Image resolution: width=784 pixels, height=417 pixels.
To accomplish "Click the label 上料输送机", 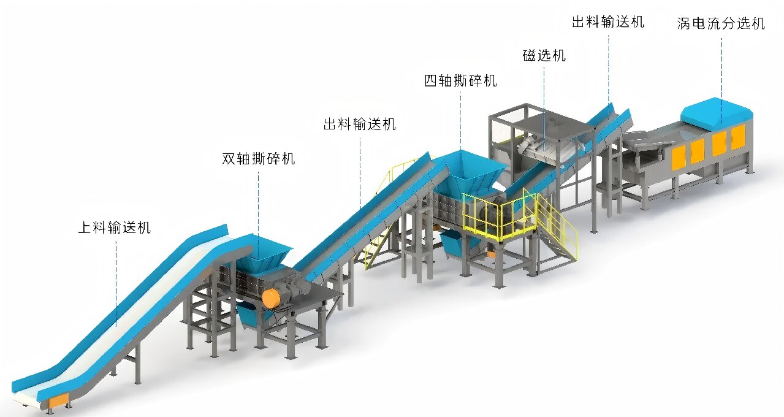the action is (x=115, y=228).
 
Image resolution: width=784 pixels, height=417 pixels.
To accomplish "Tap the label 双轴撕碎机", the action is (x=259, y=159).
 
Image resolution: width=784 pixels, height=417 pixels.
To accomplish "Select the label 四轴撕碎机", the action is (x=460, y=81).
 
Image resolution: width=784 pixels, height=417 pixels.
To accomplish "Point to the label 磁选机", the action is (x=544, y=55).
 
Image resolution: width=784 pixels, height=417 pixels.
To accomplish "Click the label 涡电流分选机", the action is (x=721, y=23).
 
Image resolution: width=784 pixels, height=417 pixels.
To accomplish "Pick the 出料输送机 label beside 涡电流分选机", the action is (x=608, y=21).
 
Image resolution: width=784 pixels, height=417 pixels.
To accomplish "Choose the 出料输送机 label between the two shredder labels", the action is (x=360, y=124).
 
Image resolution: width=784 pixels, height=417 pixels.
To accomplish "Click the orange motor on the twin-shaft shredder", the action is (x=272, y=298).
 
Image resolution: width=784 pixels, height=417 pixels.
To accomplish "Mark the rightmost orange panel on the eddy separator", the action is (x=738, y=137).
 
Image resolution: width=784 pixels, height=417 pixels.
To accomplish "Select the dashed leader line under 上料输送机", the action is (x=116, y=283).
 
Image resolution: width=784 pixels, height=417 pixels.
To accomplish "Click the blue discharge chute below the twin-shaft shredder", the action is (x=253, y=316).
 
